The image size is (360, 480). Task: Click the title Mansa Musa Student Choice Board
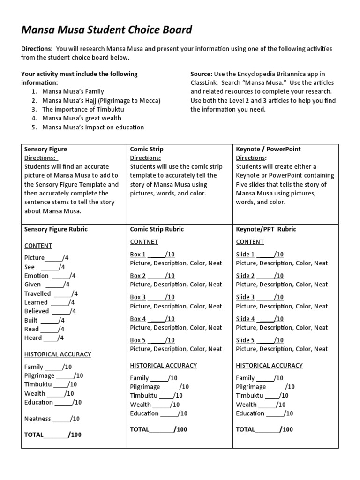pyautogui.click(x=106, y=30)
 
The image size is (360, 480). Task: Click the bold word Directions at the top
pyautogui.click(x=37, y=49)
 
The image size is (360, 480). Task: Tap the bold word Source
pyautogui.click(x=201, y=74)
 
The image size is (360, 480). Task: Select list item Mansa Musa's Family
pyautogui.click(x=73, y=91)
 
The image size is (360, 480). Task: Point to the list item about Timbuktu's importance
pyautogui.click(x=82, y=109)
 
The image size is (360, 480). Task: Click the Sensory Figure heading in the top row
pyautogui.click(x=45, y=149)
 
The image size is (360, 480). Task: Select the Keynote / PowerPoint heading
pyautogui.click(x=268, y=149)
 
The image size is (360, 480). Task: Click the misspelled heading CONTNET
pyautogui.click(x=144, y=242)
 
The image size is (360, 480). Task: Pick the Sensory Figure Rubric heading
pyautogui.click(x=56, y=229)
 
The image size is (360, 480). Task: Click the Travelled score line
pyautogui.click(x=51, y=293)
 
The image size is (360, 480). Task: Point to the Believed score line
pyautogui.click(x=50, y=311)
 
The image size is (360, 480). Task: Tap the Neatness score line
pyautogui.click(x=52, y=419)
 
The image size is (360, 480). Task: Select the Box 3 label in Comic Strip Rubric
pyautogui.click(x=138, y=297)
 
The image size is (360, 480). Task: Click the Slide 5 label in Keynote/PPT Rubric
pyautogui.click(x=245, y=340)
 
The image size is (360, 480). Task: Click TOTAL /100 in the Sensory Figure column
pyautogui.click(x=52, y=435)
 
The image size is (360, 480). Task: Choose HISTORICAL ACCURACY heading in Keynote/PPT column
pyautogui.click(x=269, y=365)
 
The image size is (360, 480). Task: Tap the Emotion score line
pyautogui.click(x=50, y=276)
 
